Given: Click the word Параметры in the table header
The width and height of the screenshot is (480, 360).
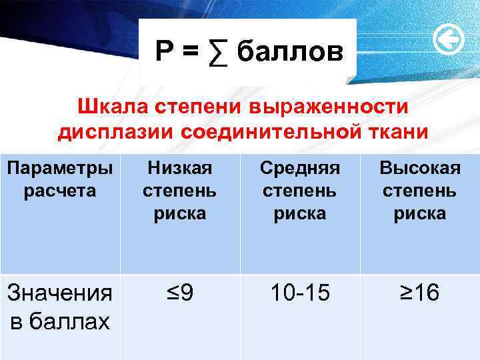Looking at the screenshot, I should (60, 167).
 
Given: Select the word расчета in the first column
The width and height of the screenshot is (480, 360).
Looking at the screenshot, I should (60, 190).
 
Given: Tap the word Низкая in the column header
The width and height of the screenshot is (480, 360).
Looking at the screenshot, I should (179, 167).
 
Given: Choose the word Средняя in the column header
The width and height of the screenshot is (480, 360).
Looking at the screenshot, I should (301, 167).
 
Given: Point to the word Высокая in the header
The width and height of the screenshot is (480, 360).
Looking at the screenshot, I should (419, 167).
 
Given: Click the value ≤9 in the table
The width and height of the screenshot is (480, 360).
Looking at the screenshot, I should (179, 293).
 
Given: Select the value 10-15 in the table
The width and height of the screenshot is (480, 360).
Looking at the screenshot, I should (300, 293).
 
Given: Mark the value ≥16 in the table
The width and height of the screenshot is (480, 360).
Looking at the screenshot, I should (419, 293).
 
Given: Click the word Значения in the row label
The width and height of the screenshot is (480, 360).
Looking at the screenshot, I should (60, 294).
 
